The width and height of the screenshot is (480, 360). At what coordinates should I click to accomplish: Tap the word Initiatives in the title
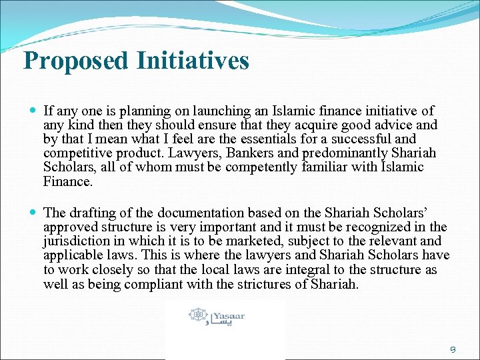coord(193,61)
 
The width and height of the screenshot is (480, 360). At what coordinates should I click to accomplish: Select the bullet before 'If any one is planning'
coord(33,111)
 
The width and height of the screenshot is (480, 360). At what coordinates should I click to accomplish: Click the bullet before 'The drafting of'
coord(33,213)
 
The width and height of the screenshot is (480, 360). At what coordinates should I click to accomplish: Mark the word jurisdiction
coord(75,241)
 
